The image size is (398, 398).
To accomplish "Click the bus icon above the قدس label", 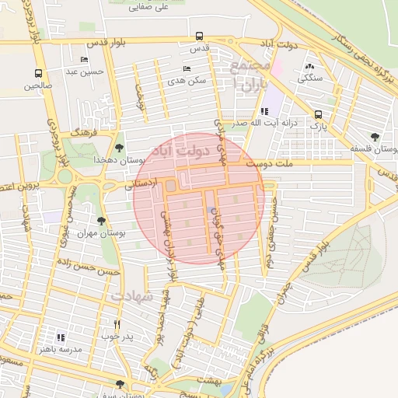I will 200,36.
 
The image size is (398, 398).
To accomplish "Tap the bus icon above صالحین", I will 38,74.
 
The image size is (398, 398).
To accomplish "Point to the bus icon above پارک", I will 318,113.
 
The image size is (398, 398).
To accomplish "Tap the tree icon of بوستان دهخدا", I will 119,146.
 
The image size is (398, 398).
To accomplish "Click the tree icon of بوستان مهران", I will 102,221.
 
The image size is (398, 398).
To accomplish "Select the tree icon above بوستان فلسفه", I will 375,137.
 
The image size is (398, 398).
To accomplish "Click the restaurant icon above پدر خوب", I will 117,324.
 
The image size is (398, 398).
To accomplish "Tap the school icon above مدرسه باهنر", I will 61,337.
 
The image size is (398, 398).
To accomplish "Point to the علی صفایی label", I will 150,7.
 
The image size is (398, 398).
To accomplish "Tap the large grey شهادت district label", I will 132,296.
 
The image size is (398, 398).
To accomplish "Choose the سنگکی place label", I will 312,79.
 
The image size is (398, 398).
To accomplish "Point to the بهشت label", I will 210,379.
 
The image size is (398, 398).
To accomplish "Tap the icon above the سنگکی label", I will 310,67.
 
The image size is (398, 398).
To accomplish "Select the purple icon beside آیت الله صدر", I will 264,111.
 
